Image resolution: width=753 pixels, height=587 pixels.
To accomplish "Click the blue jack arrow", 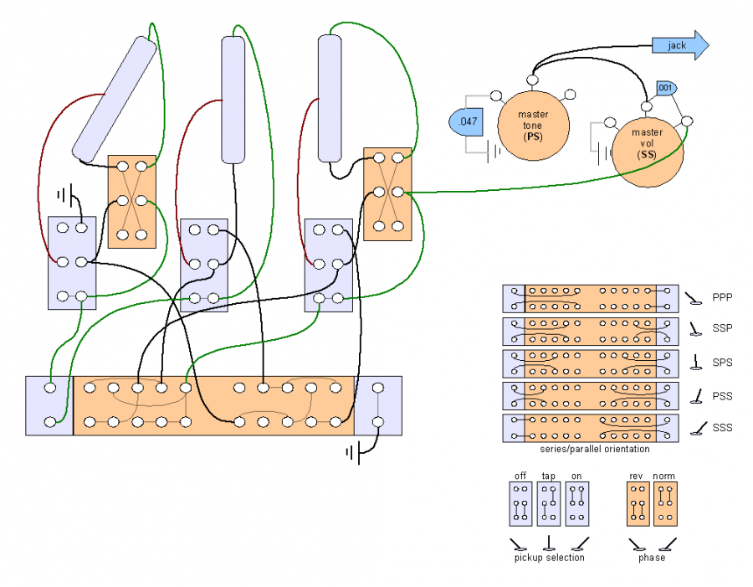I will [x=679, y=45].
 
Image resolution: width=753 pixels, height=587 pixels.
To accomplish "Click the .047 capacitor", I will [x=465, y=122].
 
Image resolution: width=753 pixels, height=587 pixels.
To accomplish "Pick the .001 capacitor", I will [x=665, y=88].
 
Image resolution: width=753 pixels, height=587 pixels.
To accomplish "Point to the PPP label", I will [x=723, y=297].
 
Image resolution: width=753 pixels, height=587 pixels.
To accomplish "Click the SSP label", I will [x=723, y=330].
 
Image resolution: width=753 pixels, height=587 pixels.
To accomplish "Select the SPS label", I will [x=723, y=363].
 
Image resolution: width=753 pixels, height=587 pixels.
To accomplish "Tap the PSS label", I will [x=723, y=395].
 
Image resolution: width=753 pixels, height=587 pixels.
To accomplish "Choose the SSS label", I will [x=723, y=428].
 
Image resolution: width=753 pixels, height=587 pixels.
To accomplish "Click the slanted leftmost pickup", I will [x=115, y=99].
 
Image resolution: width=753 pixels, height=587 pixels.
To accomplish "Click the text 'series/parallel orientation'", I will [x=589, y=450].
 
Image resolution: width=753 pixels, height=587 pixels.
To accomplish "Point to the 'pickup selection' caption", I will [x=548, y=558].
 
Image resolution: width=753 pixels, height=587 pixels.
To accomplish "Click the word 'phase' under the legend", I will [x=651, y=558].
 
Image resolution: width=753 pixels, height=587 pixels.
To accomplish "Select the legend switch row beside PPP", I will [x=589, y=299].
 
